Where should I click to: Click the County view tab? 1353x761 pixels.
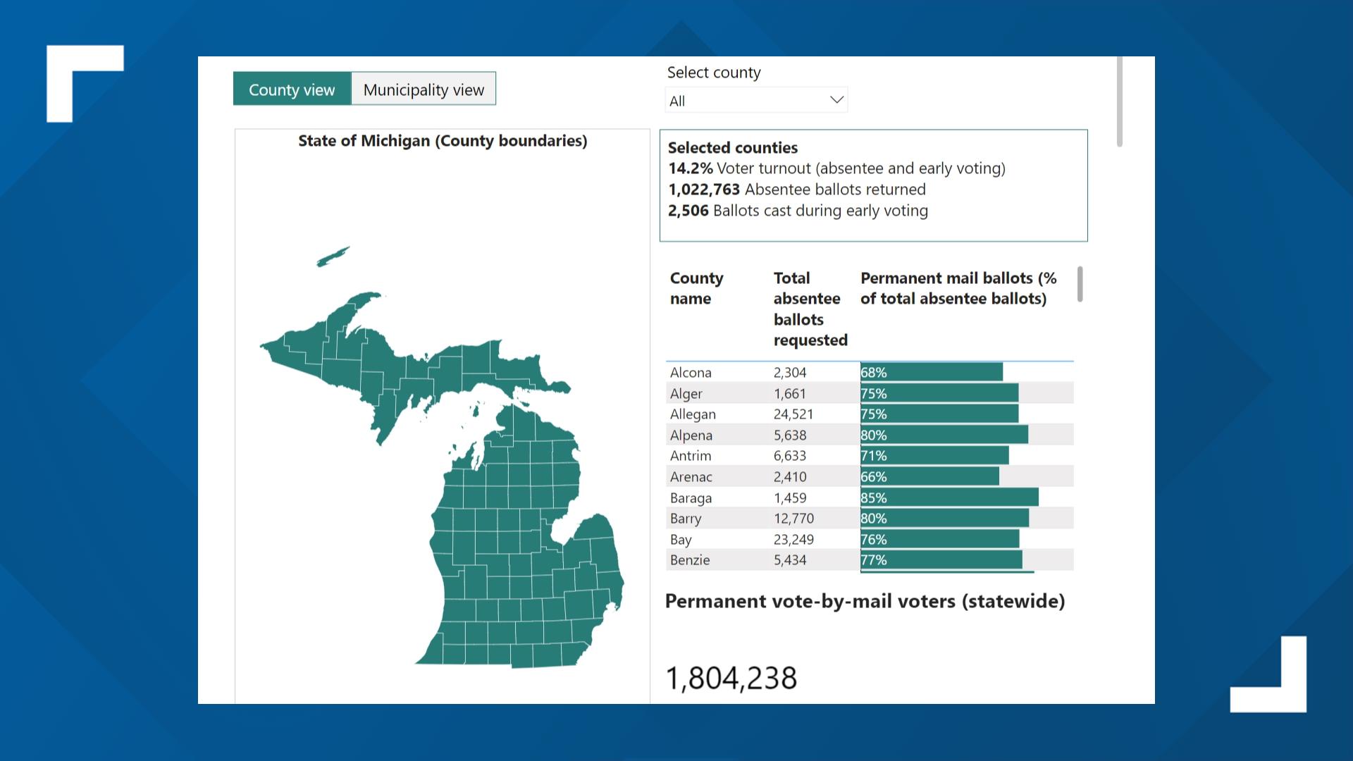click(292, 89)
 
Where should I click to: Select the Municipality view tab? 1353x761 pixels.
click(424, 89)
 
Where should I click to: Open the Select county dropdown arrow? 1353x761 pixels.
click(836, 100)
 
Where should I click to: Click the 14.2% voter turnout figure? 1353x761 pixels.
click(690, 168)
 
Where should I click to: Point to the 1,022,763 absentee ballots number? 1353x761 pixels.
click(703, 190)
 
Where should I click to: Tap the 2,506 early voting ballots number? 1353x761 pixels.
click(688, 211)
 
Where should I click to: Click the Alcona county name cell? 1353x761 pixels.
click(691, 373)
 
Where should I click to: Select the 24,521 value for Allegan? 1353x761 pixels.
click(793, 414)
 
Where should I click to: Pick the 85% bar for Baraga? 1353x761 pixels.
click(949, 497)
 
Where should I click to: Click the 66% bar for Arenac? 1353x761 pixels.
click(929, 477)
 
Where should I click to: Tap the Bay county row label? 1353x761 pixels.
click(681, 540)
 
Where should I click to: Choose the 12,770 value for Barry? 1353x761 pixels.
click(793, 519)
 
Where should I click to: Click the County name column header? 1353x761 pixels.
click(696, 287)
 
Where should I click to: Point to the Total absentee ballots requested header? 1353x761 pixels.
click(810, 309)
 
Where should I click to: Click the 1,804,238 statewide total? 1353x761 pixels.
click(731, 678)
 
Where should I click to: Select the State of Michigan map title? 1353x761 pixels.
click(442, 141)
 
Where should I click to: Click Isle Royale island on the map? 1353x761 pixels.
click(333, 256)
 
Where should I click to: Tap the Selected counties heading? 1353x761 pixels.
click(732, 148)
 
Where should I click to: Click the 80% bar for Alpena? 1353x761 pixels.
click(944, 435)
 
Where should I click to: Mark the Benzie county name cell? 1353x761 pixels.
click(690, 560)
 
